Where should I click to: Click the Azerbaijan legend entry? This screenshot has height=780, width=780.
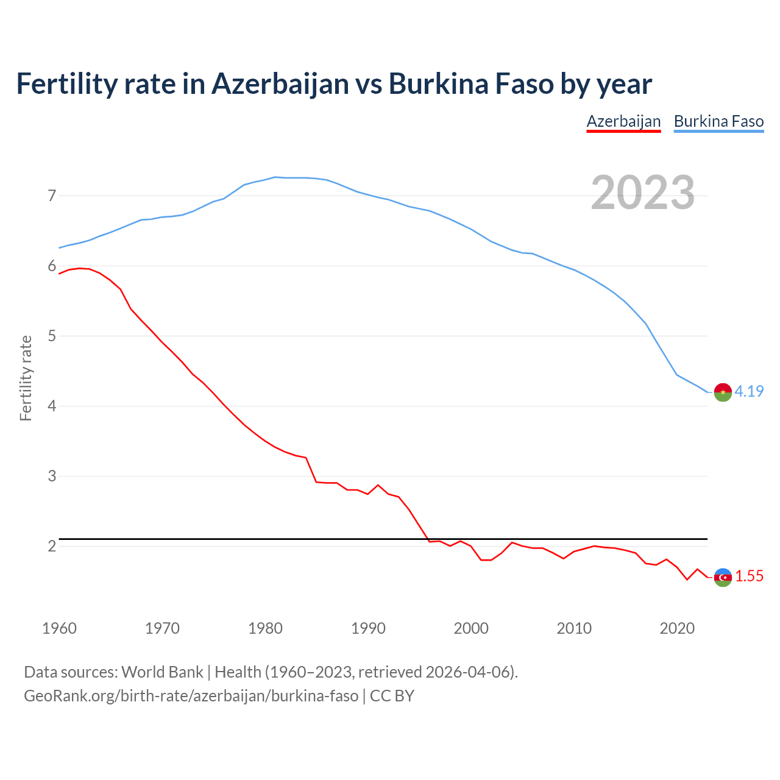click(623, 121)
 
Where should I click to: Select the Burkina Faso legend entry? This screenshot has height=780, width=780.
click(718, 121)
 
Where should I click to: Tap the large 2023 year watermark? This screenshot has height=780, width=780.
click(643, 193)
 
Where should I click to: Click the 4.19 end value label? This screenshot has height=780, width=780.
click(749, 391)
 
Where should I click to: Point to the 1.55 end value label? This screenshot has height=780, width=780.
click(749, 576)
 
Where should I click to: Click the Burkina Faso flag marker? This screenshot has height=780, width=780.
click(723, 392)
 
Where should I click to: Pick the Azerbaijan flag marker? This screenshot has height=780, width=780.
click(723, 577)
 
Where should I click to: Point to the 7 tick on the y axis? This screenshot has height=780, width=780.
click(52, 196)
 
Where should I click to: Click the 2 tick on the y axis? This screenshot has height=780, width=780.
click(52, 546)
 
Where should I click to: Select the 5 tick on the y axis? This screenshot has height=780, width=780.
click(52, 336)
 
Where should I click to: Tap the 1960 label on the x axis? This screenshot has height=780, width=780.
click(59, 628)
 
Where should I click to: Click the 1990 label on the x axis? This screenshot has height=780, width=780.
click(368, 628)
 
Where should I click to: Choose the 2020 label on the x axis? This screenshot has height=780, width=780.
click(677, 628)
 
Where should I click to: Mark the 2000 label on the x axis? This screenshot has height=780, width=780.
click(471, 628)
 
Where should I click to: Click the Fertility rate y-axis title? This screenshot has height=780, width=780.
click(26, 378)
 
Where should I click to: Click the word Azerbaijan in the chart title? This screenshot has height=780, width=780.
click(280, 84)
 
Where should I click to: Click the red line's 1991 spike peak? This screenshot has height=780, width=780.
click(378, 485)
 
